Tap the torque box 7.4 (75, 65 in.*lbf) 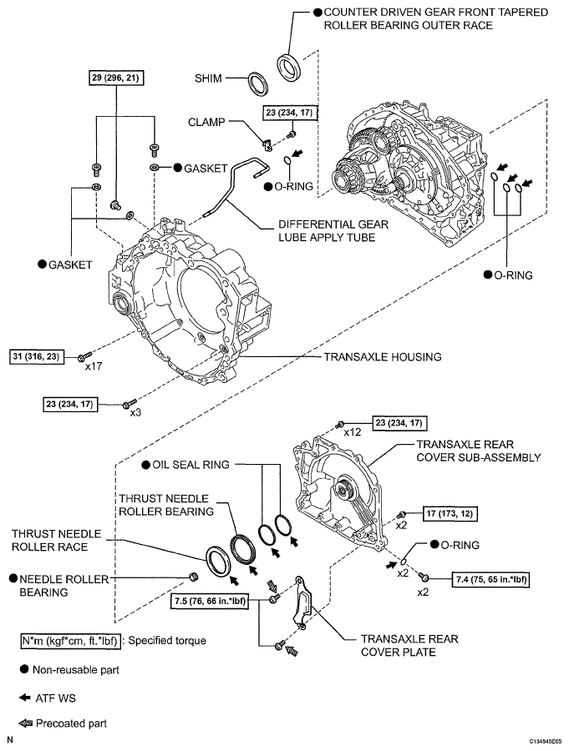coord(490,577)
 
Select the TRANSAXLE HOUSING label coord(382,356)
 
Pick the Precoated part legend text coord(70,723)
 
